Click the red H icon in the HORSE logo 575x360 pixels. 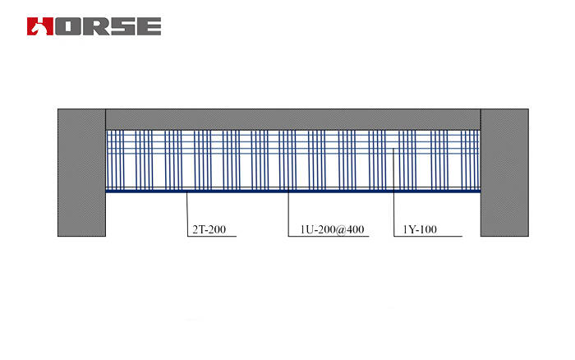click(39, 25)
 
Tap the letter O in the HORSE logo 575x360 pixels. click(68, 25)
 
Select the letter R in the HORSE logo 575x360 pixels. click(93, 25)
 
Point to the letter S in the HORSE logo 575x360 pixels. click(121, 25)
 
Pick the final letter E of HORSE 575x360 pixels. click(148, 25)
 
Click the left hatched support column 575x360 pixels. click(81, 173)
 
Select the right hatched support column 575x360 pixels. click(504, 173)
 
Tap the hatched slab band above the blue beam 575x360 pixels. click(292, 118)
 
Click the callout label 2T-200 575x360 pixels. click(208, 229)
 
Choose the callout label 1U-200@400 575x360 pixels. click(327, 229)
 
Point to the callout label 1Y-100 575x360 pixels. click(421, 229)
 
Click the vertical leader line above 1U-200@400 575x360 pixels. click(288, 214)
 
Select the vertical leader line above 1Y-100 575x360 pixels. click(394, 214)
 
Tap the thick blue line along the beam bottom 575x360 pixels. click(292, 192)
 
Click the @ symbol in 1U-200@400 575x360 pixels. click(341, 229)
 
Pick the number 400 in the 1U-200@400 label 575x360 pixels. click(355, 229)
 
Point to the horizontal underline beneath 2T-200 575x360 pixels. click(212, 237)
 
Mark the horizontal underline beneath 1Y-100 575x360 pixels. click(428, 237)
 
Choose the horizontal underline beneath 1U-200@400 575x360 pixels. click(329, 237)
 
